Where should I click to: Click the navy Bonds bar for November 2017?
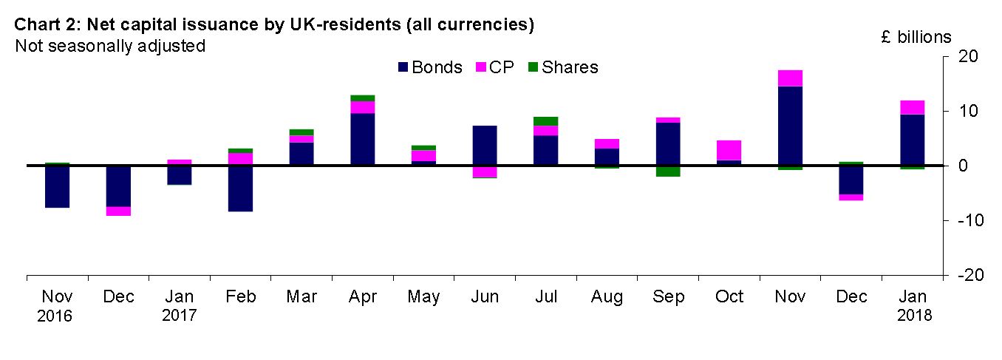click(791, 126)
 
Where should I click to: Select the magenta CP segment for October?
click(729, 150)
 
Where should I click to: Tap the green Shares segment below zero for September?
click(668, 171)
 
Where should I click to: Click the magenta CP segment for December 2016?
click(118, 211)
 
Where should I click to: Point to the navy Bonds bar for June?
click(485, 146)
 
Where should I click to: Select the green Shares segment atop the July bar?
click(546, 121)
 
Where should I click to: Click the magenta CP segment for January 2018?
click(913, 107)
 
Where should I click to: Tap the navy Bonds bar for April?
click(363, 139)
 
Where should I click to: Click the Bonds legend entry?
click(430, 67)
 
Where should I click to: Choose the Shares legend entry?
click(563, 67)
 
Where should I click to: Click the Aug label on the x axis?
click(607, 297)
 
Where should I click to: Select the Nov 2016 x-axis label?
click(57, 305)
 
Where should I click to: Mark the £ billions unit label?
click(916, 37)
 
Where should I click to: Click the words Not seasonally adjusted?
click(109, 46)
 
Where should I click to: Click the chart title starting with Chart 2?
click(273, 24)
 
